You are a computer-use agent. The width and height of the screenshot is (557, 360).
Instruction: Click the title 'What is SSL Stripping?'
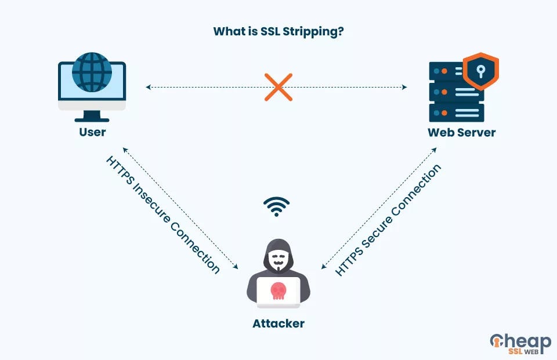coord(278,31)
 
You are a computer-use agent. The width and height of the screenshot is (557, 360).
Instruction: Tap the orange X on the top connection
coord(278,87)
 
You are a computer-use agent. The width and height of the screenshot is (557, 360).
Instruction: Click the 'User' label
coord(92,132)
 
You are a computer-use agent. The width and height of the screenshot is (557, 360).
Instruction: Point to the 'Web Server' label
coord(461,132)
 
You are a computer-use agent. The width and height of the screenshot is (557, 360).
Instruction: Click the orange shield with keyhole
coord(480,71)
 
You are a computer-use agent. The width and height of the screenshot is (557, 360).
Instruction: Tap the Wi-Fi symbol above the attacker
coord(276,206)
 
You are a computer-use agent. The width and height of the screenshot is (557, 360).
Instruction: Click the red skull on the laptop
coord(278,289)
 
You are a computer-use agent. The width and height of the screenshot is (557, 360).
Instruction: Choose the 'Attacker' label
coord(278,323)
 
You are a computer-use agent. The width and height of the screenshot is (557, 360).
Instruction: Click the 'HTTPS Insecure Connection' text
coord(163,214)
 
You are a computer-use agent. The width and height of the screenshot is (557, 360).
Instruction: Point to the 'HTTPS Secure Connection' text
coord(388,220)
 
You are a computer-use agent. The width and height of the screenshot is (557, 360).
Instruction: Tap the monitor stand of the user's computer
coord(92,117)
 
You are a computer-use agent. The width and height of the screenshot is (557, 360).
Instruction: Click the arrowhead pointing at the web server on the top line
coord(404,87)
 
